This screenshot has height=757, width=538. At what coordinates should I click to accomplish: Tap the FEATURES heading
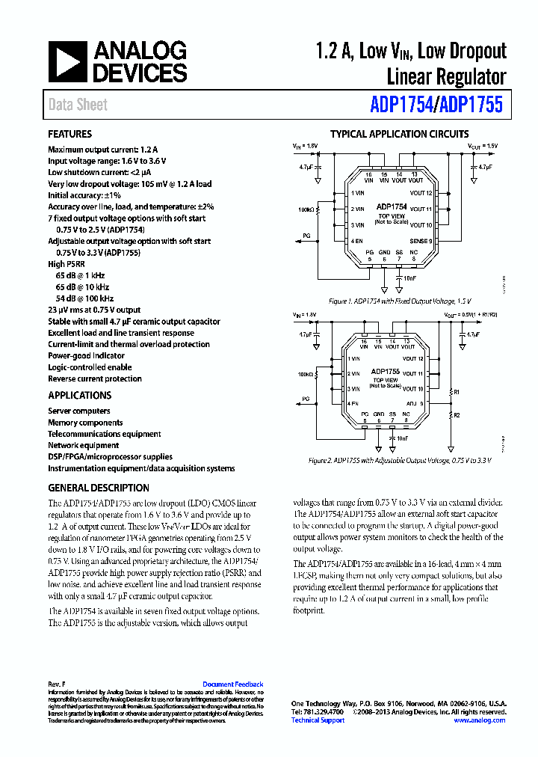70,135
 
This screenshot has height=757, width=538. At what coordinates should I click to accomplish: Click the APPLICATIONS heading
80,396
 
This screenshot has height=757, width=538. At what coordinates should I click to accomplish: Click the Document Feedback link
233,684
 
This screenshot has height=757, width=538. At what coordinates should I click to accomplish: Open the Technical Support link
318,720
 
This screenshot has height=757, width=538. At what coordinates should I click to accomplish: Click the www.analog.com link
479,720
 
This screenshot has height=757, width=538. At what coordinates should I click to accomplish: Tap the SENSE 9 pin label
421,241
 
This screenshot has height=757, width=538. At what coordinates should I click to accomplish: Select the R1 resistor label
457,392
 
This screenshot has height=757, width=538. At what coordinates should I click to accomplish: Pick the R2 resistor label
457,414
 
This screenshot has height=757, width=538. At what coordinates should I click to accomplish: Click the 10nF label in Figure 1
409,278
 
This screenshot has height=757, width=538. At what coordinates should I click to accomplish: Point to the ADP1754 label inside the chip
392,206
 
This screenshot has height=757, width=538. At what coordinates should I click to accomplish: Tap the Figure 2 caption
400,461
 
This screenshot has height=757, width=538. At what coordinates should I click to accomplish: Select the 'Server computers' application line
79,411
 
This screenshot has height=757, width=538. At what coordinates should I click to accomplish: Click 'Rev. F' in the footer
57,684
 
